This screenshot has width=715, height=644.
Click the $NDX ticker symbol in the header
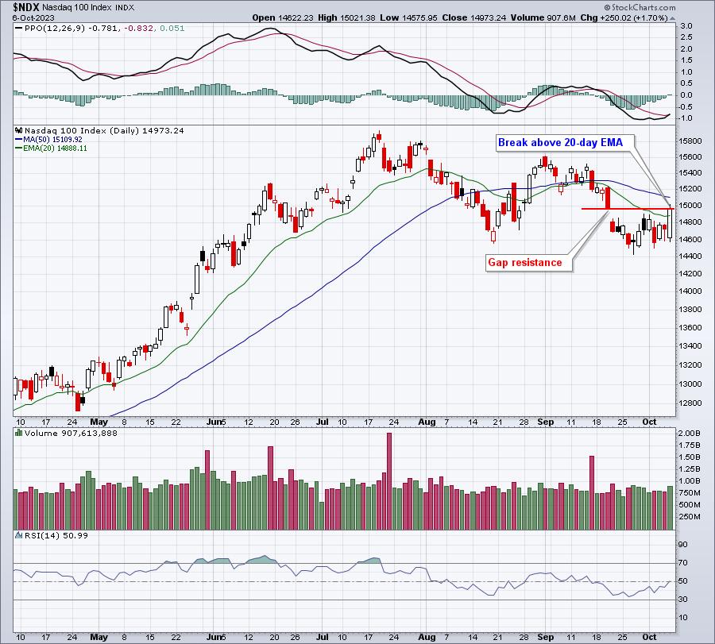(26, 7)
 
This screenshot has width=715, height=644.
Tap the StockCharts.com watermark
(640, 7)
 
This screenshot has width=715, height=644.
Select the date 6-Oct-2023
(33, 17)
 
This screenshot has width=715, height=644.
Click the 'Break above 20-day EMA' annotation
(560, 143)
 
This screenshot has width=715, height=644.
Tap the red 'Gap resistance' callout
(524, 263)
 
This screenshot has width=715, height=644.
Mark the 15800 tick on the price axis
(690, 141)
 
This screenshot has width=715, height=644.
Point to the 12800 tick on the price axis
(690, 403)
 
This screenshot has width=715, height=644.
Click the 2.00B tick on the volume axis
(690, 433)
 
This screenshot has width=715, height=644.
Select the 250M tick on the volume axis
(690, 517)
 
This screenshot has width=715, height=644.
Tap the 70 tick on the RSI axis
(683, 563)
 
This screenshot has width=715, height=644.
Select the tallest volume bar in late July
(389, 481)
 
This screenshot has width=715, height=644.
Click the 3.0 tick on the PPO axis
(686, 26)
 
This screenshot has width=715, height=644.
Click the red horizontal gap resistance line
(628, 209)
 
